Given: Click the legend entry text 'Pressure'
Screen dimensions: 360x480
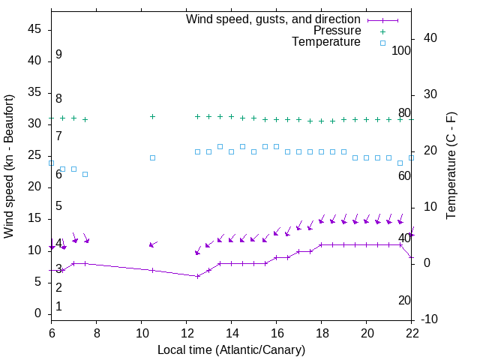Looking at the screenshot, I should point(337,31).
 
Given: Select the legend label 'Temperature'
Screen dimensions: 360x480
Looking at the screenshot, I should point(326,42).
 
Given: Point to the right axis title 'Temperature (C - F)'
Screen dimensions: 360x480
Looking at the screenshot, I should point(451,166).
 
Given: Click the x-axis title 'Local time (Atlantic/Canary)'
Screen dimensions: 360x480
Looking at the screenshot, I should point(231,350).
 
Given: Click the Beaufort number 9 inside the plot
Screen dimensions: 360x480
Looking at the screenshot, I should point(58,55).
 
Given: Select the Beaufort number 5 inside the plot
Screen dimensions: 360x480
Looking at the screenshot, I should point(58,206).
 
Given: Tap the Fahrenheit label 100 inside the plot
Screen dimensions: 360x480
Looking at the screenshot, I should point(402,51).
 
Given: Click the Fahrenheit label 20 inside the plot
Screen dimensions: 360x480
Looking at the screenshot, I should point(404,301).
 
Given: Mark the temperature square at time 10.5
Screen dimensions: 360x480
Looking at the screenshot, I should point(152,157).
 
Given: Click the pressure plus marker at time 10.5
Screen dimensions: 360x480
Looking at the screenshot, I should point(152,117).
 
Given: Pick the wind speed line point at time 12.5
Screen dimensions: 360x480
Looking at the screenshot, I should point(197,276).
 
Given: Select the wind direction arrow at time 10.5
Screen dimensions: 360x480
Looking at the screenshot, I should point(153,244).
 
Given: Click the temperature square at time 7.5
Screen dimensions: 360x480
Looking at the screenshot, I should point(85,174).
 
